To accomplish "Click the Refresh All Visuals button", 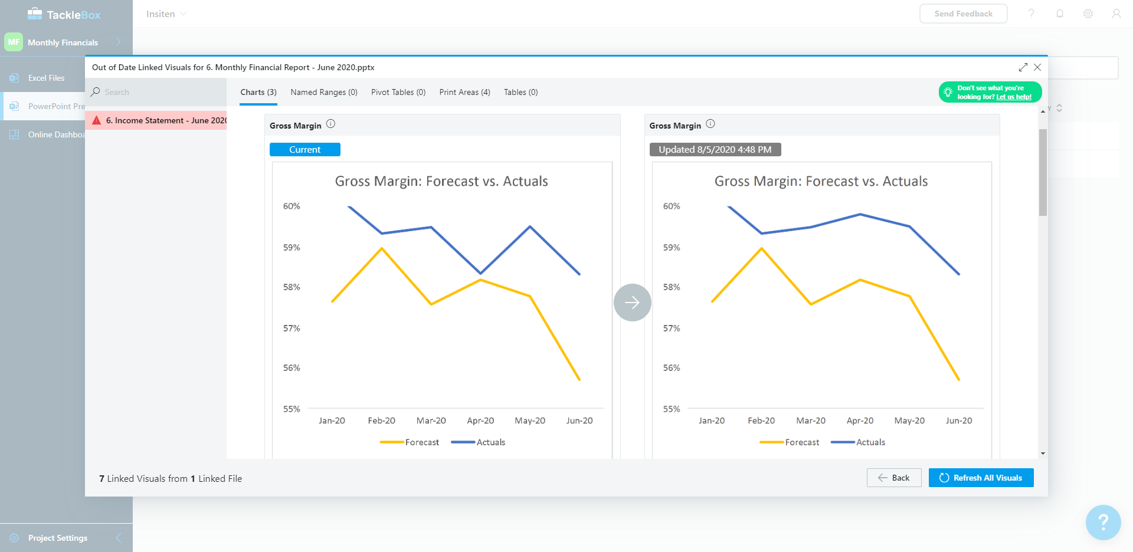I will (x=981, y=478).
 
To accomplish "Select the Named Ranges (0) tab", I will (x=324, y=92).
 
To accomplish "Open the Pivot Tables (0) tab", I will (x=398, y=92).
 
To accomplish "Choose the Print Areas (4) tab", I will (x=464, y=92).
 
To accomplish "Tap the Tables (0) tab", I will (x=520, y=92).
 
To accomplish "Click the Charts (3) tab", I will (x=258, y=92).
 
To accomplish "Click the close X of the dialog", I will (x=1037, y=67).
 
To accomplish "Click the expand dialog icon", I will (x=1023, y=67).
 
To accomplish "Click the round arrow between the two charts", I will (x=632, y=303).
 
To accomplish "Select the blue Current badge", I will (x=304, y=150).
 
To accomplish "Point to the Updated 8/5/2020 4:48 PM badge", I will (x=715, y=150).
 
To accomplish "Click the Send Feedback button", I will (x=963, y=14).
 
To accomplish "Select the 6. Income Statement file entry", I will (x=159, y=120).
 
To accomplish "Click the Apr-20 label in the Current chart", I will (x=480, y=420).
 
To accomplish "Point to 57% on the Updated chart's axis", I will (x=672, y=328).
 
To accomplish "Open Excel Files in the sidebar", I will (x=46, y=78).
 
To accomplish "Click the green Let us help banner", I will (x=990, y=92).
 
